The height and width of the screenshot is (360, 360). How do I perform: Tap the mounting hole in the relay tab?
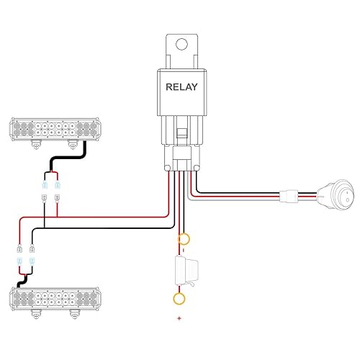tap(182, 45)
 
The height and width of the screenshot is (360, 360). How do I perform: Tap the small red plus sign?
tap(179, 318)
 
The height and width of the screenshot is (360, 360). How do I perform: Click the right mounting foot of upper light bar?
tap(71, 145)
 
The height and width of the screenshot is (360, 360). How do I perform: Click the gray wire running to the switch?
tap(238, 199)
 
